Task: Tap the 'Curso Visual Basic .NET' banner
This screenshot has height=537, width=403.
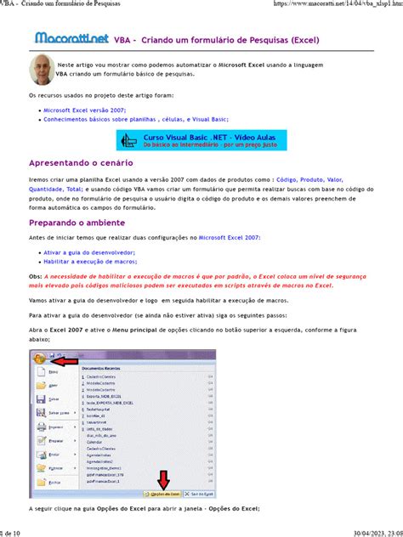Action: [201, 140]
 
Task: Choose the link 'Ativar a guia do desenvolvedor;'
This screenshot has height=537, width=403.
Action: [89, 253]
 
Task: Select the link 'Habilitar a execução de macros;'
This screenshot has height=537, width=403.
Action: [89, 263]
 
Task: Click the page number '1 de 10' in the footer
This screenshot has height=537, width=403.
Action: [12, 532]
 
